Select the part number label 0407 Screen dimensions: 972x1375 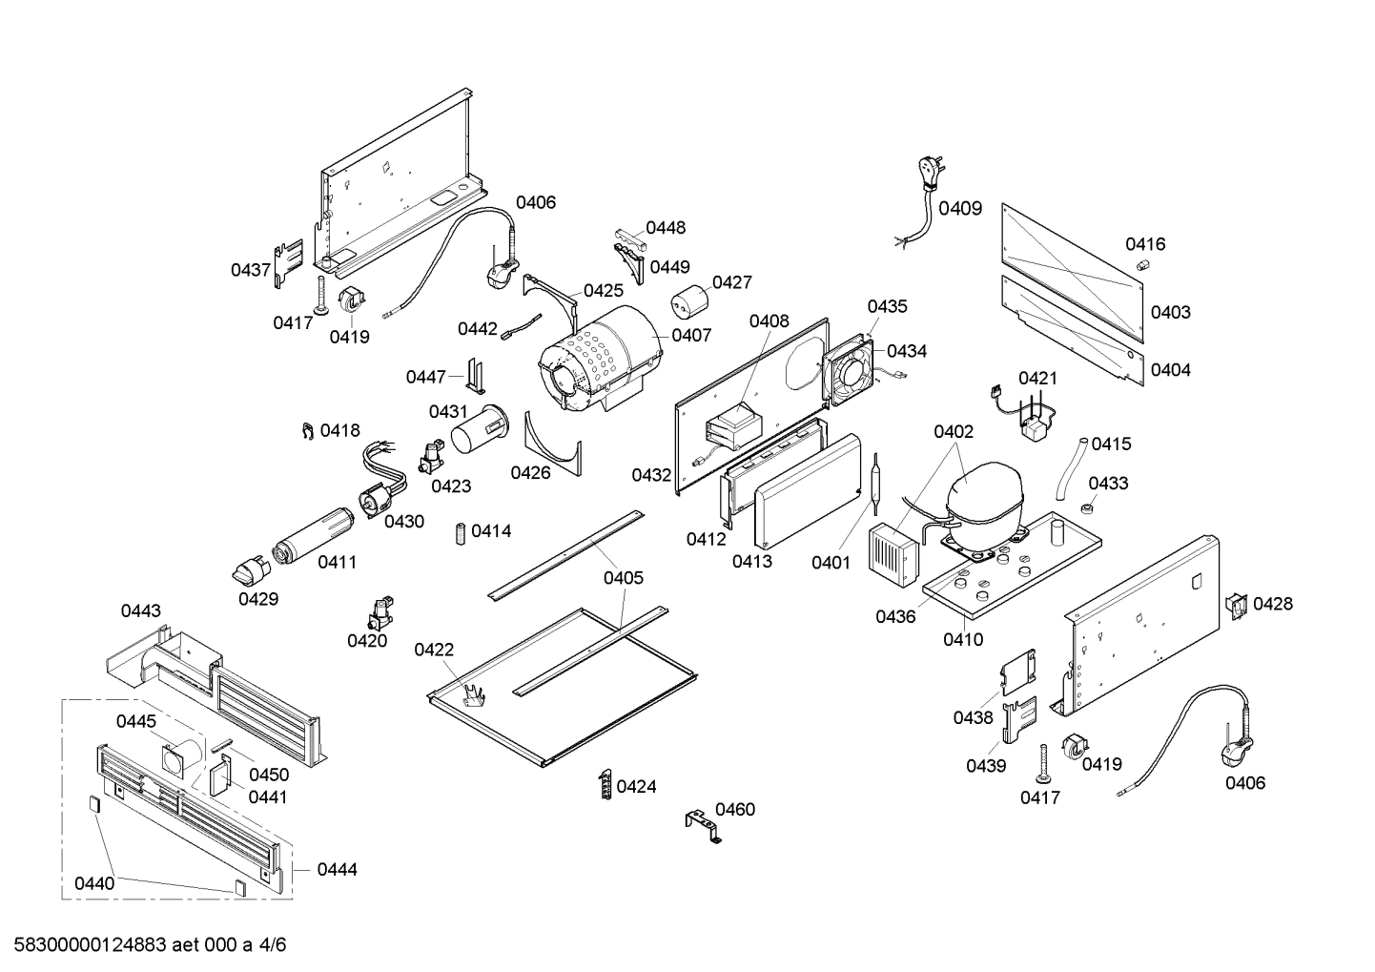click(x=691, y=335)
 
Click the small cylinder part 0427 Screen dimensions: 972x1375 click(x=687, y=303)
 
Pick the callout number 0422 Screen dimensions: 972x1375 click(x=434, y=651)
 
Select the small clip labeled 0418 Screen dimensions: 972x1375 click(x=307, y=431)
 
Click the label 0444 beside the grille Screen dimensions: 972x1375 click(x=337, y=870)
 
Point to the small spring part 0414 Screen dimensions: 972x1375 click(x=460, y=532)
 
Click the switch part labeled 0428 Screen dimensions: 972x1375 click(x=1236, y=605)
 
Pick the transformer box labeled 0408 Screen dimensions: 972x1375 click(x=729, y=427)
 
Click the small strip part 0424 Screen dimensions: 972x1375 click(x=605, y=785)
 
